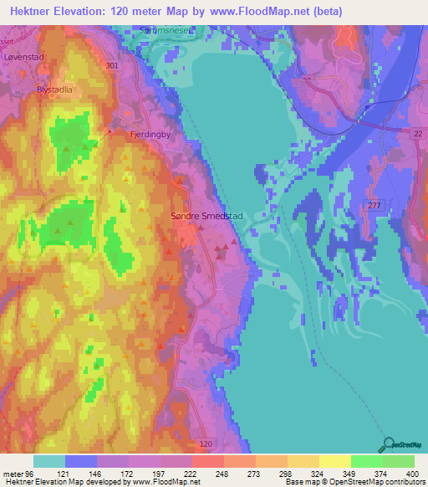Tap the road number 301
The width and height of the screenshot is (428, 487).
(113, 64)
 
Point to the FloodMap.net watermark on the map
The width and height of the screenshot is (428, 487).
(172, 434)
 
